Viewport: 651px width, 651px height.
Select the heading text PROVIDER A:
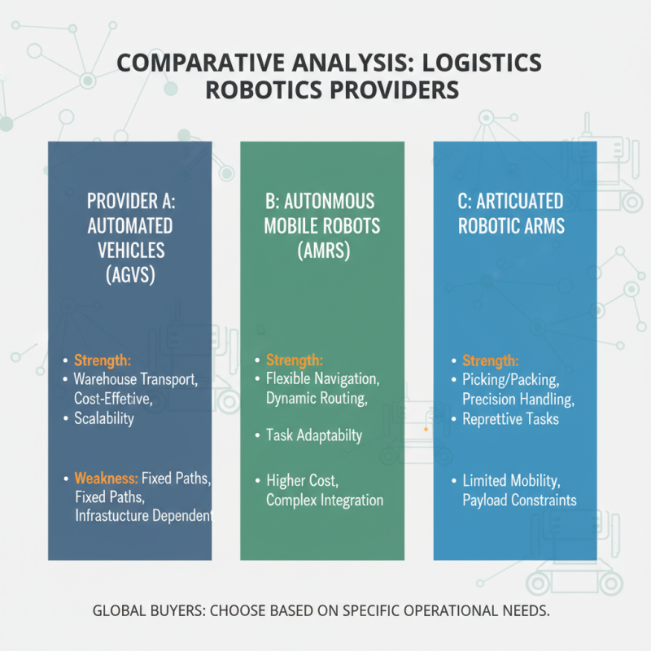coord(130,201)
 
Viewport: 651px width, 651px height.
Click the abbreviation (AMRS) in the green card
coord(322,251)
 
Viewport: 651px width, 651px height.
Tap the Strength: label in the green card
coord(295,360)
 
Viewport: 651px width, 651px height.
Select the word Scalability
coord(103,418)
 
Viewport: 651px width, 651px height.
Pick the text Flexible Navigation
coord(323,379)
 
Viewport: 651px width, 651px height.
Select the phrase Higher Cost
coord(304,480)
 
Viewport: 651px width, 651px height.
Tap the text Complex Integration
coord(325,499)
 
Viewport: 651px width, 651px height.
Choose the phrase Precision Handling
coord(518,399)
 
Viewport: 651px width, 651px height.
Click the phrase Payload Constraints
coord(519,499)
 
